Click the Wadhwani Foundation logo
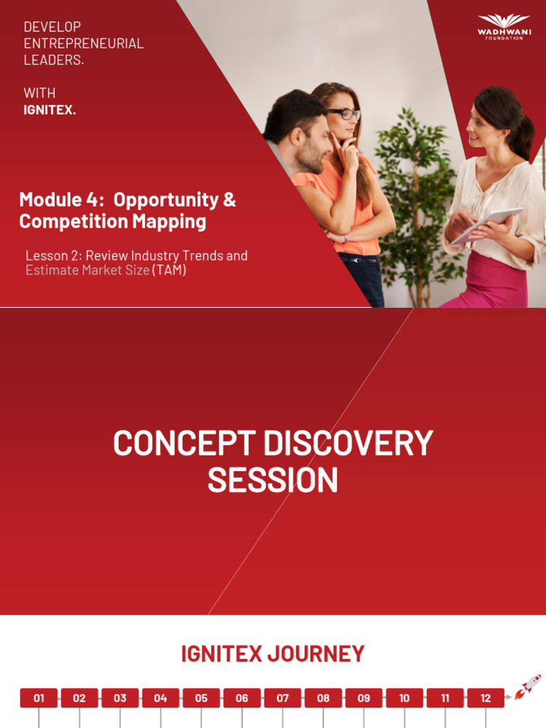pyautogui.click(x=503, y=26)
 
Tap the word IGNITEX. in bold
pyautogui.click(x=49, y=110)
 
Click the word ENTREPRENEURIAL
pyautogui.click(x=83, y=43)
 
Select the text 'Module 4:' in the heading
pyautogui.click(x=62, y=200)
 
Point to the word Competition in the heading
pyautogui.click(x=63, y=221)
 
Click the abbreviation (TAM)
pyautogui.click(x=169, y=270)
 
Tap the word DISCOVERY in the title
pyautogui.click(x=348, y=444)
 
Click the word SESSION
pyautogui.click(x=272, y=481)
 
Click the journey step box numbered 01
pyautogui.click(x=38, y=698)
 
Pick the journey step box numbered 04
pyautogui.click(x=161, y=698)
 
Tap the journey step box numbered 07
pyautogui.click(x=283, y=698)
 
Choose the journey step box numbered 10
pyautogui.click(x=405, y=698)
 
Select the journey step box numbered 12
pyautogui.click(x=486, y=698)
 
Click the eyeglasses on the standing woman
pyautogui.click(x=343, y=113)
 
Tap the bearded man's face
pyautogui.click(x=314, y=142)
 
